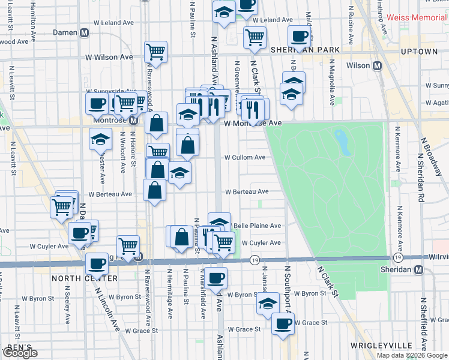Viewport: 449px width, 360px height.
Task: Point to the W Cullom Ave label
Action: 245,157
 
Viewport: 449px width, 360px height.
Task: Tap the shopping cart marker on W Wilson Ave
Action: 156,52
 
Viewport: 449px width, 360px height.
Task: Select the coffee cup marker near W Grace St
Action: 283,324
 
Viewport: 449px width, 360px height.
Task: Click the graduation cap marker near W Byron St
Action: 268,303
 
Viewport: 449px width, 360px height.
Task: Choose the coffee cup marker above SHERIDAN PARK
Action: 298,36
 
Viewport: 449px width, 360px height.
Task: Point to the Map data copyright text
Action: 412,355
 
